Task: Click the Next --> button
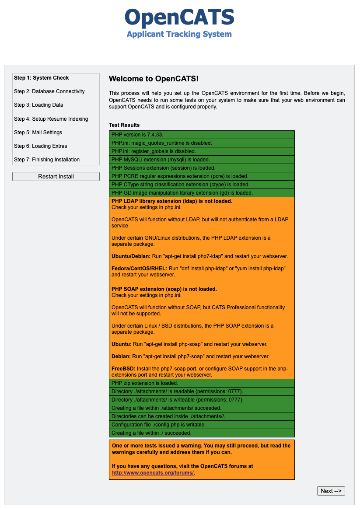coord(331,491)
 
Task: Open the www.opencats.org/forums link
coord(153,473)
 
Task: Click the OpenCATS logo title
coord(179,17)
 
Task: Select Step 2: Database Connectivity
coord(49,91)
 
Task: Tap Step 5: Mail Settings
coord(38,133)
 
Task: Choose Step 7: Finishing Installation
coord(47,160)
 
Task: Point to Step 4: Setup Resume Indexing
coord(51,119)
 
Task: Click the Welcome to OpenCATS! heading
coord(154,79)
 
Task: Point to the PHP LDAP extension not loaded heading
coord(172,201)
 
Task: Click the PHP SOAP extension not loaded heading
coord(164,289)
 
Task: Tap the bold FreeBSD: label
coord(123,369)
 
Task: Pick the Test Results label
coord(124,125)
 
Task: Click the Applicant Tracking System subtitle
coord(179,34)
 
